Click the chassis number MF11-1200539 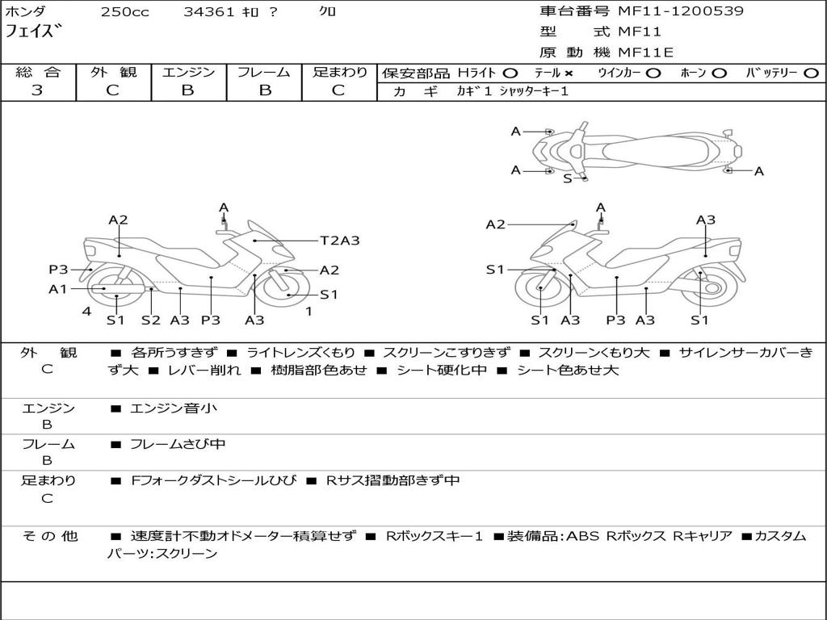tap(681, 11)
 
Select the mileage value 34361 tap(209, 12)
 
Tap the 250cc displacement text tap(124, 12)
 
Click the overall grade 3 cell tap(37, 90)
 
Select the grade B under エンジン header tap(187, 90)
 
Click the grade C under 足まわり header tap(338, 90)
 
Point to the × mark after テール tap(569, 73)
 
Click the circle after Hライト tap(510, 73)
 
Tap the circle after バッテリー tap(811, 73)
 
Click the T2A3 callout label tap(339, 240)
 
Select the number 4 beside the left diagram tap(86, 311)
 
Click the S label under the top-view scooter tap(567, 178)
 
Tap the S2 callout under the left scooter tap(150, 320)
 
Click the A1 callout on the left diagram tap(57, 288)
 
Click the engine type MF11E tap(646, 52)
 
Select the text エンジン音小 tap(174, 408)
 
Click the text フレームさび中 tap(178, 444)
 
